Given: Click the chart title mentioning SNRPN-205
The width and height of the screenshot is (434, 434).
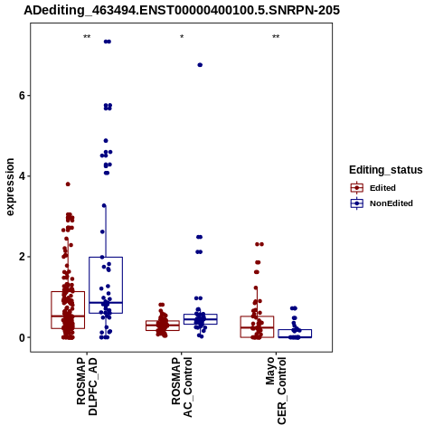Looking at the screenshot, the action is (x=182, y=10).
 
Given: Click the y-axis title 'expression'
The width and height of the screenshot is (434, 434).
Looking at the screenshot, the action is (x=10, y=187).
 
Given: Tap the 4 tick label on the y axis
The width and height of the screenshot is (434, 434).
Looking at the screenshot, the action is (x=22, y=176).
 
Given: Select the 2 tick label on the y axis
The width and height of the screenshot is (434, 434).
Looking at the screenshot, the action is (x=22, y=257).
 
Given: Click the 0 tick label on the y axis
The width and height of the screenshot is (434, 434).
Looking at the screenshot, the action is (x=22, y=337).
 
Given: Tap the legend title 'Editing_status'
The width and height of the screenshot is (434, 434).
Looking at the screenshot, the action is (x=386, y=170).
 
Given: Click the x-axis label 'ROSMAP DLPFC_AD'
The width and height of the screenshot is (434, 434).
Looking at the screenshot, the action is (x=87, y=386).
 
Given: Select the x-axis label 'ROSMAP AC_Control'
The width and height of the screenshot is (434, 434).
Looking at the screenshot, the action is (x=182, y=387).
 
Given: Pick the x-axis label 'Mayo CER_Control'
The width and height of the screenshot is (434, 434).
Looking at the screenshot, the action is (x=276, y=391).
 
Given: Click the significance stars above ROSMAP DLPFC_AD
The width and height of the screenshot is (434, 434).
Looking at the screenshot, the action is (x=87, y=37).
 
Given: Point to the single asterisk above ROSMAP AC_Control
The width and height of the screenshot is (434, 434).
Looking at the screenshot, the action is (x=182, y=37).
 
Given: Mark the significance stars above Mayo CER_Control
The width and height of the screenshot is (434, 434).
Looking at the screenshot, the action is (x=276, y=37).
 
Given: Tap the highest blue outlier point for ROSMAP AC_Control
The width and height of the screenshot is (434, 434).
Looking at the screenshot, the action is (x=200, y=65).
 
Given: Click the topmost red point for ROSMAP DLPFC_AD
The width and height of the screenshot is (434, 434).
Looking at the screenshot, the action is (x=68, y=184).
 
